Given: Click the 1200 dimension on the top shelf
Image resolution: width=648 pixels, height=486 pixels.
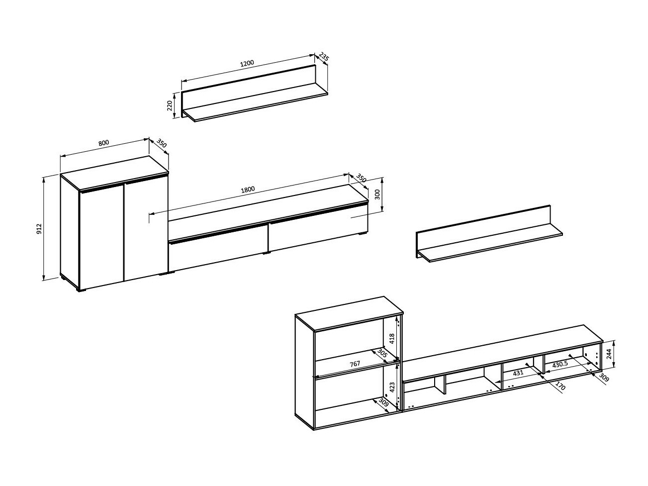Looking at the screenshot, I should [247, 63].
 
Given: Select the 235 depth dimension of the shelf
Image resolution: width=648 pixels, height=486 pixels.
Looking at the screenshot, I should [323, 58].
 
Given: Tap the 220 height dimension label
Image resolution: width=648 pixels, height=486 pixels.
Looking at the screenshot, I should [170, 105].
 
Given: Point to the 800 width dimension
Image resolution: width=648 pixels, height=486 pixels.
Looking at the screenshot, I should [103, 143].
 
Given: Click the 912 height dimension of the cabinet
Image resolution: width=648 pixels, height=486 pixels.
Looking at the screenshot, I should [39, 229].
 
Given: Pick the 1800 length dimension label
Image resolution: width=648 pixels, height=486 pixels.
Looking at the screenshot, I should [248, 190].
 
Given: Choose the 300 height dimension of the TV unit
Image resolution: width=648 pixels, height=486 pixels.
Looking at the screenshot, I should [377, 194].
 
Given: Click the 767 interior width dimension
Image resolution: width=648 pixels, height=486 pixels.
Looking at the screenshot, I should [355, 364].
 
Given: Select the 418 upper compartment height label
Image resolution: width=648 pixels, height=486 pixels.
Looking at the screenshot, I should [391, 339].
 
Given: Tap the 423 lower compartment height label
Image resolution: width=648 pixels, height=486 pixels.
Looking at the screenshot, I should [391, 387].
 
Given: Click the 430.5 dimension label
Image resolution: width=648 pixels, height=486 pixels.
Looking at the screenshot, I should [560, 365].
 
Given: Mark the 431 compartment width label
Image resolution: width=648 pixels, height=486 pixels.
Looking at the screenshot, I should [518, 373].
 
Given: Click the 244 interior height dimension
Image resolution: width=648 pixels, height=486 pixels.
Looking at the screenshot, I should [609, 354].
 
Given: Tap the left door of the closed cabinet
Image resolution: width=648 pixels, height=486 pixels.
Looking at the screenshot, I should [101, 236].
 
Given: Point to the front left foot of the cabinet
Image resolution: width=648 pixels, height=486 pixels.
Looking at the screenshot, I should [81, 290].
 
